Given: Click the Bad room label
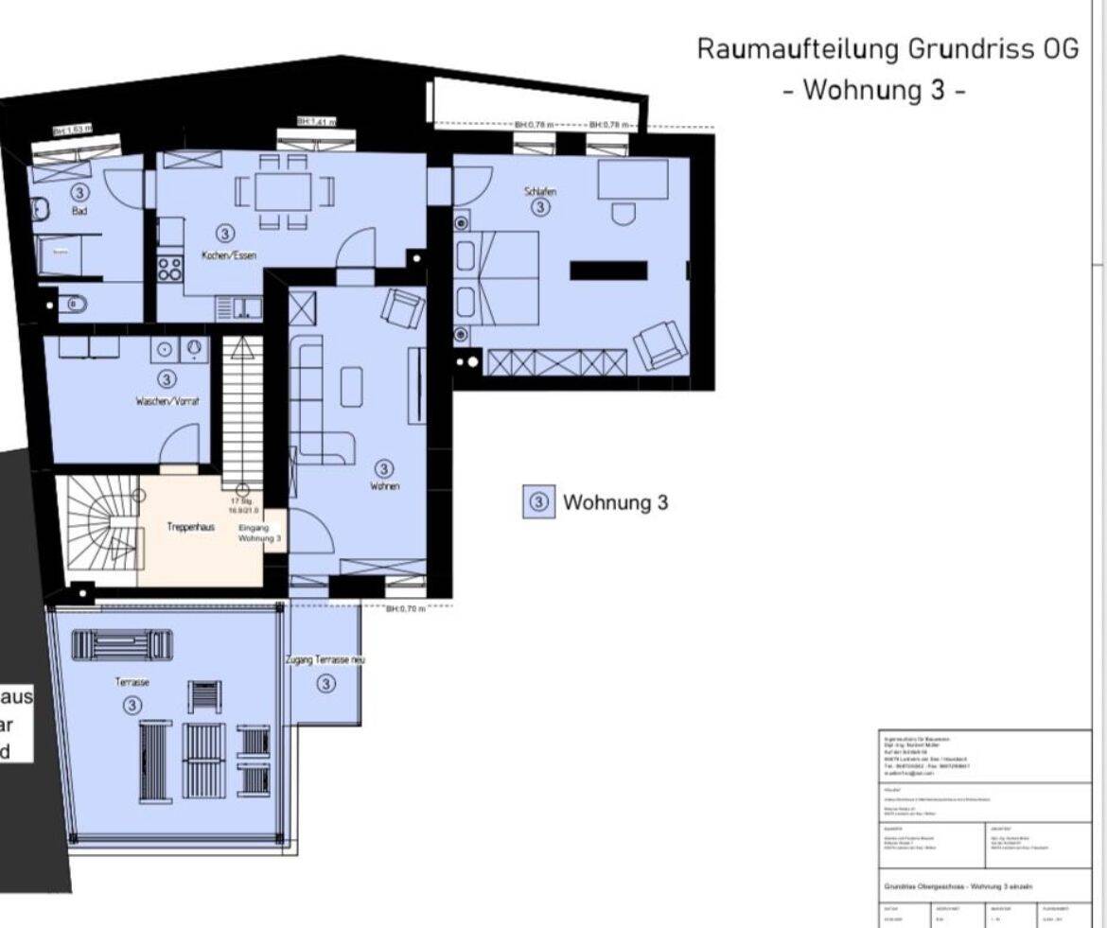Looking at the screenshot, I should (79, 211).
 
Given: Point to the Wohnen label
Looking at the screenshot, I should (383, 486).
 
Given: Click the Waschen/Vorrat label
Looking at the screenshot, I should (167, 401).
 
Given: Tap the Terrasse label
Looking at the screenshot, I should (132, 681).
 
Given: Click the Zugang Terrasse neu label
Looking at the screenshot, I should (325, 659).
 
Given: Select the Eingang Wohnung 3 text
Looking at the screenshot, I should (254, 532).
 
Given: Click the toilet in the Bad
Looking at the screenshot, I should (76, 305).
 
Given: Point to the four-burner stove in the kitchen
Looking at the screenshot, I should (169, 268).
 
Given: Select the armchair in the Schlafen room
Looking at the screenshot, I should (658, 345).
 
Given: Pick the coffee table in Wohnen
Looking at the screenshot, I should (351, 386).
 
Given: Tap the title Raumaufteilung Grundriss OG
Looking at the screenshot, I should (887, 50).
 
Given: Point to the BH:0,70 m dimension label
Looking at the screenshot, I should (406, 609).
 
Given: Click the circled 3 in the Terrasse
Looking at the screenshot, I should (132, 706).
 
